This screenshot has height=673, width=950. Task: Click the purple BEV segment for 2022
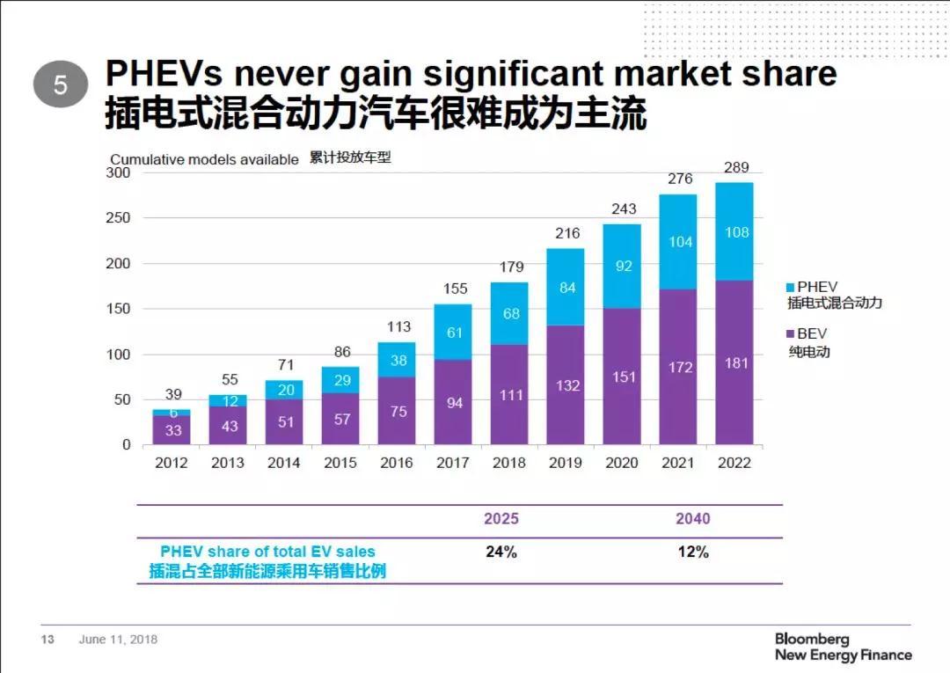(734, 362)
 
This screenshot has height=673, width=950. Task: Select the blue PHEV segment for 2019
(566, 287)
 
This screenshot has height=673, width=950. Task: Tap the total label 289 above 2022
(734, 167)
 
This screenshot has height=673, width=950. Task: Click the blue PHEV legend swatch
(790, 287)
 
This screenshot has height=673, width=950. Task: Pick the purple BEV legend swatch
(790, 334)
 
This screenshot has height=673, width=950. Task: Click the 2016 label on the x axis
(397, 463)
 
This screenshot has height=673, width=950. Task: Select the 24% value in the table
(501, 552)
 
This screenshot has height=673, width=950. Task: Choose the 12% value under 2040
(692, 552)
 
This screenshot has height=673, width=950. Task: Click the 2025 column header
(501, 518)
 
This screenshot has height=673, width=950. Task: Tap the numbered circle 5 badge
(61, 85)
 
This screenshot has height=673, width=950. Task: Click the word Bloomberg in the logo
(811, 639)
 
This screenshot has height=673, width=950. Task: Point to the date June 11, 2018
(118, 640)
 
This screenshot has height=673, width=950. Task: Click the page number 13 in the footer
(48, 640)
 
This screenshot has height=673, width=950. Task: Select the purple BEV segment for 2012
(172, 429)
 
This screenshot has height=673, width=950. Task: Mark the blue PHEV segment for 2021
(678, 242)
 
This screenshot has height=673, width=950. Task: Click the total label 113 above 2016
(398, 327)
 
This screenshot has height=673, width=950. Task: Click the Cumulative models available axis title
(204, 160)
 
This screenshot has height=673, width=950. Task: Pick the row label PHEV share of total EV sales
(267, 552)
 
